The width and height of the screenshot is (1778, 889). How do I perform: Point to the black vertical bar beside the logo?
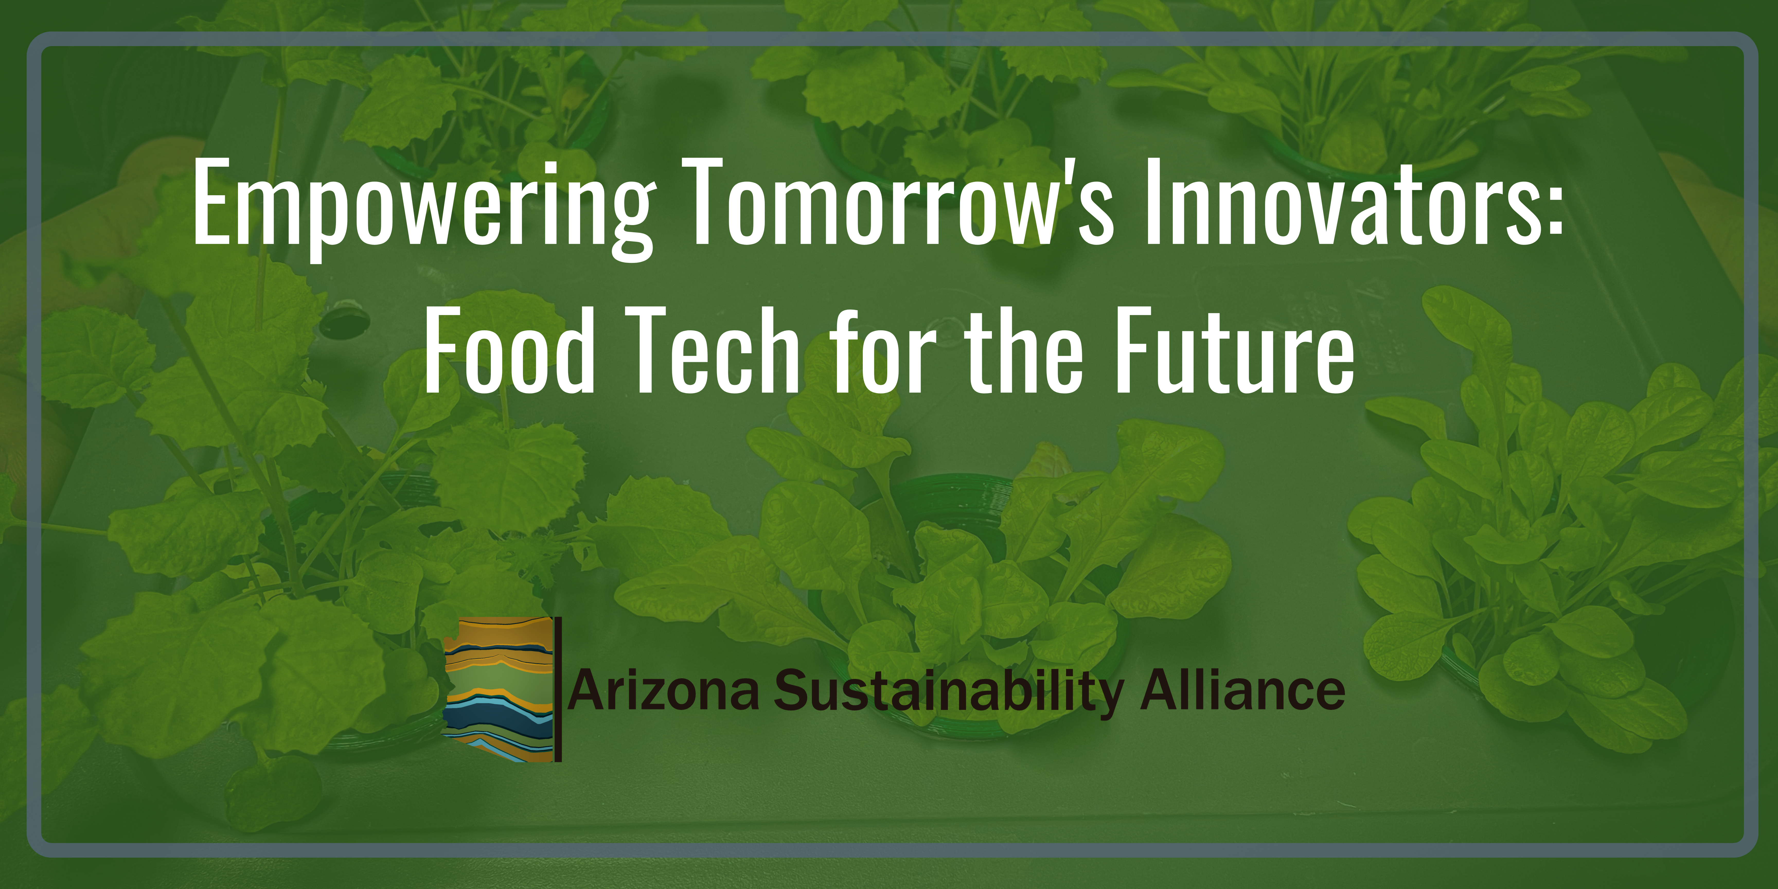(x=558, y=689)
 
